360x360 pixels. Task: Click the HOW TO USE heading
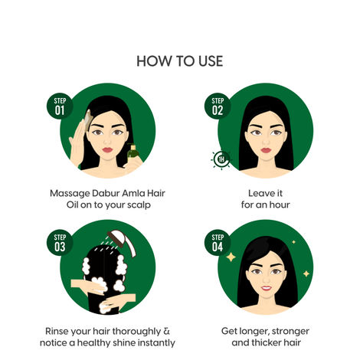coord(180,61)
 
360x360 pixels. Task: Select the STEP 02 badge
coord(218,105)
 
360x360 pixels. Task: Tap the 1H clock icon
coord(221,159)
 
